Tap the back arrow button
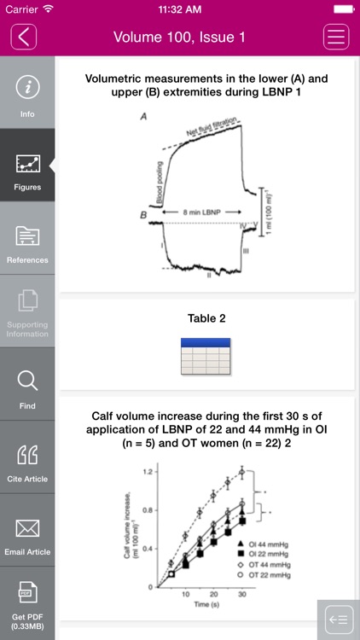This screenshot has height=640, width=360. [25, 37]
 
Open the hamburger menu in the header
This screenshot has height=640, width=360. [336, 37]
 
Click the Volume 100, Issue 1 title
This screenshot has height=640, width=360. [179, 38]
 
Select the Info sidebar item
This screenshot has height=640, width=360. [27, 93]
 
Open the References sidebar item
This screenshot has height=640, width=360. [27, 238]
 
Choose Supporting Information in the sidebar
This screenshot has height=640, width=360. [27, 311]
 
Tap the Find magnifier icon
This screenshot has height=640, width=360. [27, 384]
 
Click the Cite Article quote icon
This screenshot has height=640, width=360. [27, 457]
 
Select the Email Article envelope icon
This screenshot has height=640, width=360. [27, 529]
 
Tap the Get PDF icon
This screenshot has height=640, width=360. [27, 602]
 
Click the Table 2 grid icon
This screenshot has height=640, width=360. [206, 357]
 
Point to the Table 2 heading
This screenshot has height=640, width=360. [206, 319]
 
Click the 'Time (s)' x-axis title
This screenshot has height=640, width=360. [202, 603]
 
